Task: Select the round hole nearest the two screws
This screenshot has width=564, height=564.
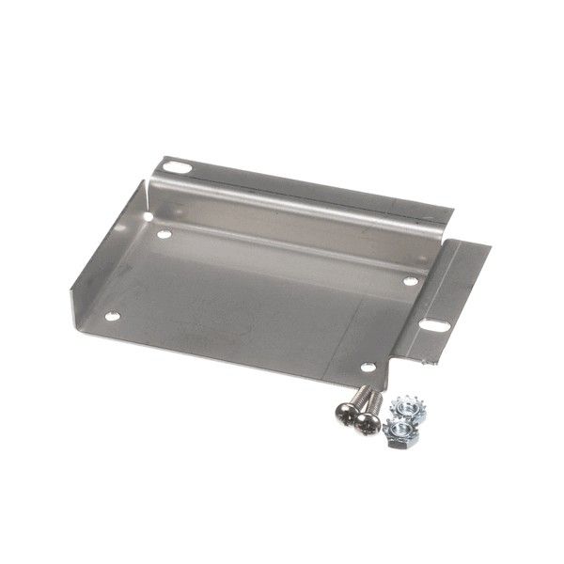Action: click(x=367, y=369)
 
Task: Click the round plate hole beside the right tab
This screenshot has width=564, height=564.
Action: click(x=410, y=280)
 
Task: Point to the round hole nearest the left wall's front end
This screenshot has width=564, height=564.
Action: click(x=114, y=316)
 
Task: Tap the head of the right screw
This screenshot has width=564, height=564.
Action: click(x=368, y=424)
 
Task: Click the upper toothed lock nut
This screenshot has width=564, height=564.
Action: click(x=408, y=407)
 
